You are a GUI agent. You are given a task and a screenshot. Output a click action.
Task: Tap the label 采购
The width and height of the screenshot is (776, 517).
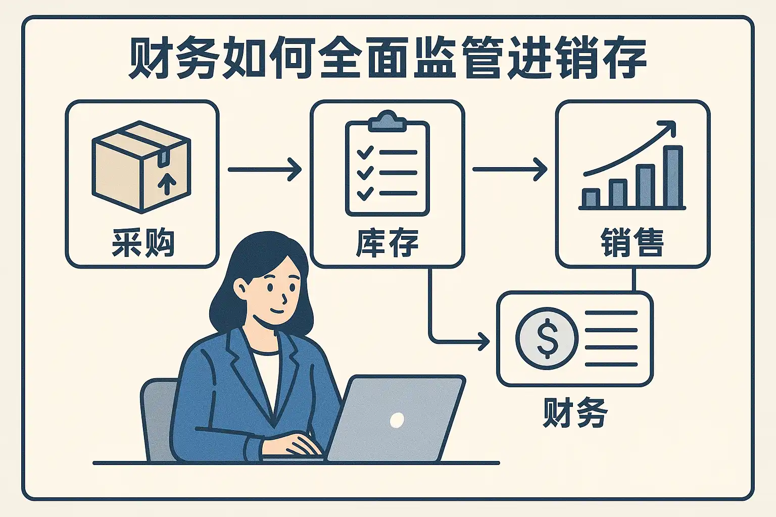(x=143, y=243)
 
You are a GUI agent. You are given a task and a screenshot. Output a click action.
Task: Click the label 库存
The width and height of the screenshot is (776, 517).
(x=387, y=243)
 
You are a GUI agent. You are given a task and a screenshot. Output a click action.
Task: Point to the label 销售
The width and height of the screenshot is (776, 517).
(x=632, y=243)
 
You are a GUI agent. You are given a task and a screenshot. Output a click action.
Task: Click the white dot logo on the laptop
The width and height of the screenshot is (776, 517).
(x=397, y=420)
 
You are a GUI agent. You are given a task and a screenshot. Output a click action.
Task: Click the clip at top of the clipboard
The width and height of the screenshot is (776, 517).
(x=387, y=121)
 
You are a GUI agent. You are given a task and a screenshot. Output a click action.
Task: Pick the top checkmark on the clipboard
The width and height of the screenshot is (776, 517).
(x=365, y=151)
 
